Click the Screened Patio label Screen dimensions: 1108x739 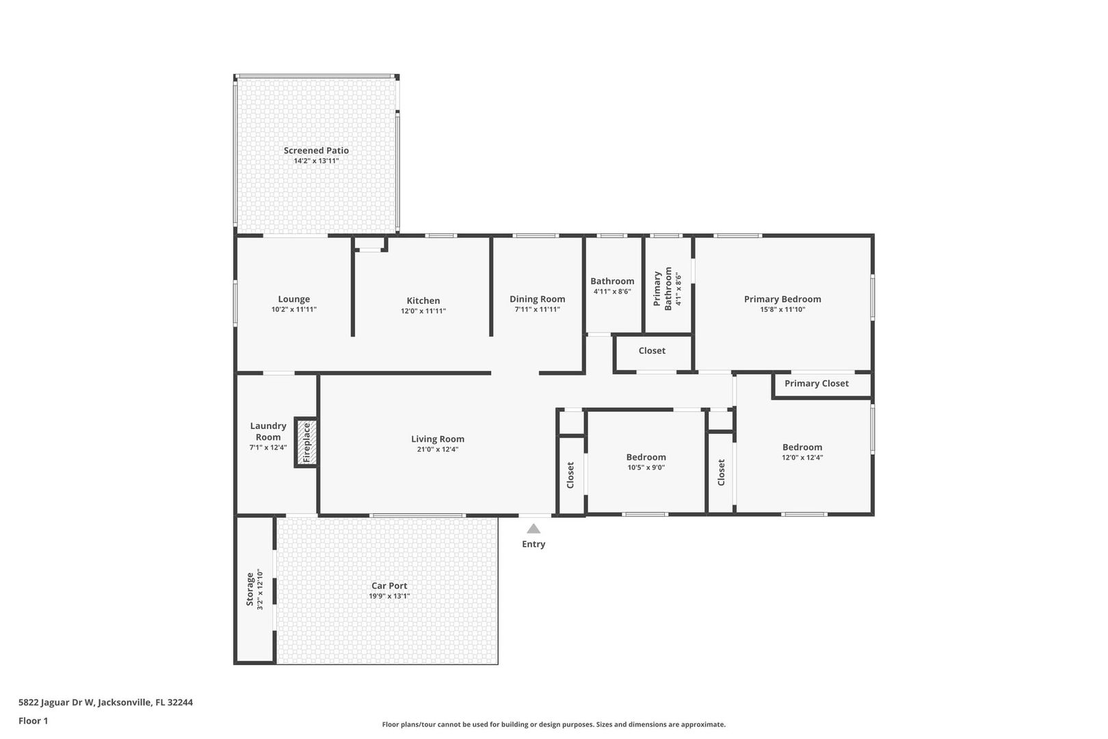pos(316,151)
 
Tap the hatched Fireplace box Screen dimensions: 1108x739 pos(306,443)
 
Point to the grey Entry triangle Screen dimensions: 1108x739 pos(533,529)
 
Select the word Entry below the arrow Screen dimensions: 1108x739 pos(533,544)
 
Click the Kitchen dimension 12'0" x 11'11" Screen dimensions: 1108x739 pos(423,311)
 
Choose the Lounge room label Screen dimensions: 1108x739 pos(294,299)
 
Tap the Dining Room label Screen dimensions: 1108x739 pos(537,299)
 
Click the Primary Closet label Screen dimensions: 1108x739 pos(817,384)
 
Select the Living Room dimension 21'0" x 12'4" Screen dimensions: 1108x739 pos(438,450)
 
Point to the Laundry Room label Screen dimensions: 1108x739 pos(268,431)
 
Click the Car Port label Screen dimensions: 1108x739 pos(389,586)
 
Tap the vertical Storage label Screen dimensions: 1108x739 pos(250,590)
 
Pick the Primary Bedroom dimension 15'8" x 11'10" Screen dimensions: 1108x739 pos(782,310)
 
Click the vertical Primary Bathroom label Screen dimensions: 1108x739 pos(663,289)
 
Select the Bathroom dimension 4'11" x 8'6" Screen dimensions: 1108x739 pos(612,291)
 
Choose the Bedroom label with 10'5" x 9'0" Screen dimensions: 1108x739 pos(646,457)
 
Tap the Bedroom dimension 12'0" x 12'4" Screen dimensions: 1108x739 pos(802,458)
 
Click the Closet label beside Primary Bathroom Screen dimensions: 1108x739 pos(652,351)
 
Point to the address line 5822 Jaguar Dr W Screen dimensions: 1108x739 pos(106,702)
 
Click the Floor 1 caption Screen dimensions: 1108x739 pos(33,721)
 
